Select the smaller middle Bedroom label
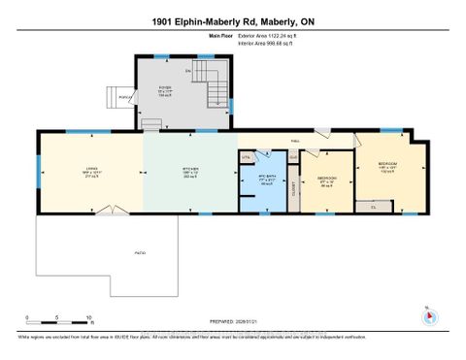[327, 180]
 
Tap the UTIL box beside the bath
[247, 155]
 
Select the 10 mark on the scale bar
[89, 318]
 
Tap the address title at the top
[233, 21]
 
